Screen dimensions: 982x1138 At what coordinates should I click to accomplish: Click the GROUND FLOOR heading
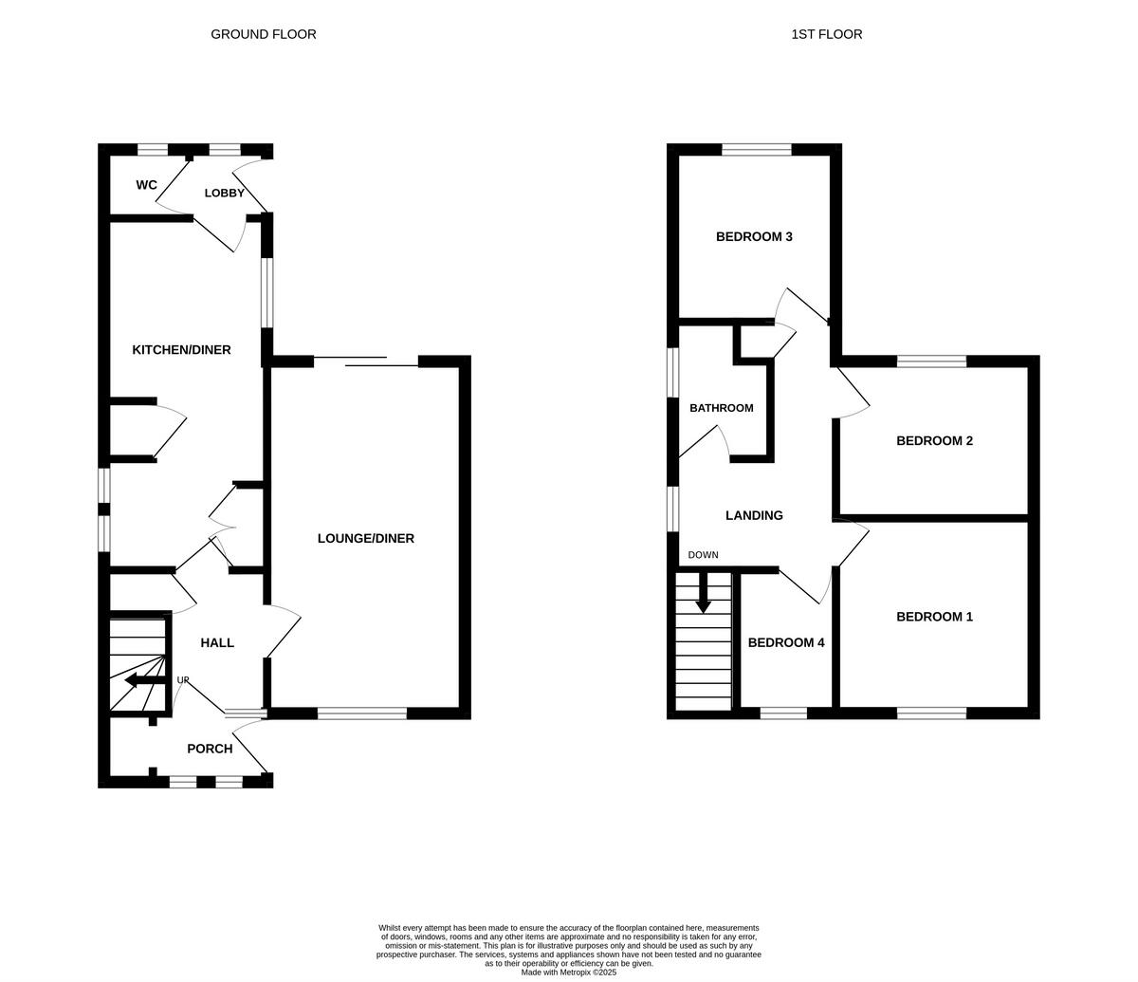[263, 34]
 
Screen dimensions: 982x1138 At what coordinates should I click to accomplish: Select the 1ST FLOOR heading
[826, 34]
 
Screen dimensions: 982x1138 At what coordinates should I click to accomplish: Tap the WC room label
[146, 185]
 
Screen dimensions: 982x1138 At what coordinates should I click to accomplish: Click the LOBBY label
[225, 193]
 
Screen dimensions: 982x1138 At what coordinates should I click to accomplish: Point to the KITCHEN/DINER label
[181, 350]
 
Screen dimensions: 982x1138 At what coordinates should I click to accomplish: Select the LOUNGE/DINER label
[365, 538]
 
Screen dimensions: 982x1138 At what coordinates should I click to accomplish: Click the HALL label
[217, 642]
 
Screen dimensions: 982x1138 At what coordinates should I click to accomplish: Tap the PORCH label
[210, 749]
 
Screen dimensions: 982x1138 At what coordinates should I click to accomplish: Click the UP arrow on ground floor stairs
[143, 679]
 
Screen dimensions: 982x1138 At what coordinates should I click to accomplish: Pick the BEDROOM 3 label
[754, 236]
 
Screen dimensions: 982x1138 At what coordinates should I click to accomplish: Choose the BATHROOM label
[721, 408]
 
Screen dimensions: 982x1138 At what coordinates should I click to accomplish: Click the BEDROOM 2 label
[934, 440]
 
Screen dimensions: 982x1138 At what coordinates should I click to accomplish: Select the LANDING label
[754, 515]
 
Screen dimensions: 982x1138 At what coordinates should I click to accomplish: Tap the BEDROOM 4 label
[785, 642]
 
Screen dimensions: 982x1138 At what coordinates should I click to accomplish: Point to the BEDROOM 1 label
[934, 617]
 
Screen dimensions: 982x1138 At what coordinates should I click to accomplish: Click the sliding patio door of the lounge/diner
[366, 361]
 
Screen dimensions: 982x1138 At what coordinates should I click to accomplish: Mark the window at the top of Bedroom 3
[756, 149]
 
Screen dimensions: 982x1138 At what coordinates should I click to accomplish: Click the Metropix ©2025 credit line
[569, 972]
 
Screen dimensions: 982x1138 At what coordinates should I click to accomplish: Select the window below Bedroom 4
[783, 713]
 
